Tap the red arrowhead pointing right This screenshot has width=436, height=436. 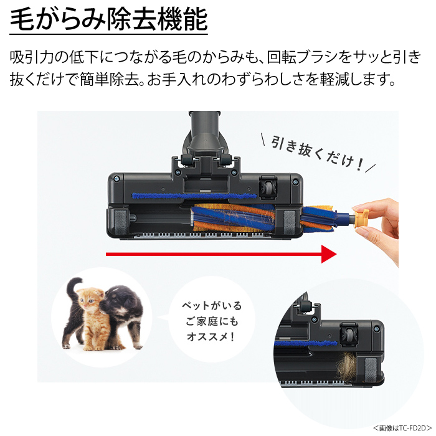(329, 254)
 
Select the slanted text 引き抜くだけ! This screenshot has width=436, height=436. (317, 153)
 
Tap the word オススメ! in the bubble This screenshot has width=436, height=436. (211, 337)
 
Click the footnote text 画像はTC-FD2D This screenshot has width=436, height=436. (402, 428)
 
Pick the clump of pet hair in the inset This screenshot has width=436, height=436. (346, 366)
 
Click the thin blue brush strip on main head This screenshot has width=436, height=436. (194, 196)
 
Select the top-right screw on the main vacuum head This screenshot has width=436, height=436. (295, 182)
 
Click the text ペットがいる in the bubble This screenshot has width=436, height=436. (212, 306)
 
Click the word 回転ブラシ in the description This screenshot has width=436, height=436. (304, 57)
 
